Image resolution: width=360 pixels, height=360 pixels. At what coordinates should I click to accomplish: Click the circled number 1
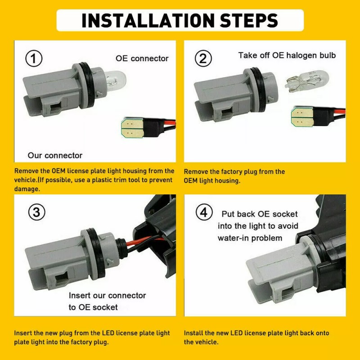pos(34,58)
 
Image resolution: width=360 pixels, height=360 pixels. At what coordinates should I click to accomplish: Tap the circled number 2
pos(203,58)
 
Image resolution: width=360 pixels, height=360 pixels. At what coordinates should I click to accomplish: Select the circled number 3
pos(37,212)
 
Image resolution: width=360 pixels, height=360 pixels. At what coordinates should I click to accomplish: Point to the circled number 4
pos(204,212)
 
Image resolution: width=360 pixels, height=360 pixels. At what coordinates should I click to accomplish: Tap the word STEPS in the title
pos(249,20)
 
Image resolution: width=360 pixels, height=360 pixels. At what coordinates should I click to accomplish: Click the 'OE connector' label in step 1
pos(142,58)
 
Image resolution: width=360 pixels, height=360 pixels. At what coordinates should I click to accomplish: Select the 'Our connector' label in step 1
pos(55,155)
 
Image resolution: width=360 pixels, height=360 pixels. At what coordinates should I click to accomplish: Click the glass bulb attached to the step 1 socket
pos(114,81)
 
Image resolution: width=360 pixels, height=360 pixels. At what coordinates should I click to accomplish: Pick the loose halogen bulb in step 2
pos(307,81)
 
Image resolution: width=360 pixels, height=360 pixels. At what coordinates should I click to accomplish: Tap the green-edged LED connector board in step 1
pos(133,128)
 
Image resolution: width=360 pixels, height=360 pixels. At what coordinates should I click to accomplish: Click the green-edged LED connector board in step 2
pos(302,117)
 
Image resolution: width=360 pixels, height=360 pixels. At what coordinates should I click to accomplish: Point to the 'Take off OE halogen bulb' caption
pos(287,55)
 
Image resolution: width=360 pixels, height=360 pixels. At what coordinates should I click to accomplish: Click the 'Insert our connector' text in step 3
pos(107,295)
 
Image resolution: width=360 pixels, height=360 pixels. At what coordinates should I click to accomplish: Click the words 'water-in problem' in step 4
pos(250,238)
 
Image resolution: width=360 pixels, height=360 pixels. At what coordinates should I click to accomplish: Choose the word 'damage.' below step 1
pos(27,189)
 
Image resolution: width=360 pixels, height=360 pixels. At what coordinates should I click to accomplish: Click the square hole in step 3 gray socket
pos(61,277)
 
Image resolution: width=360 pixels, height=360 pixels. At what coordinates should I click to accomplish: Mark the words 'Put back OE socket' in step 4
pos(260,214)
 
